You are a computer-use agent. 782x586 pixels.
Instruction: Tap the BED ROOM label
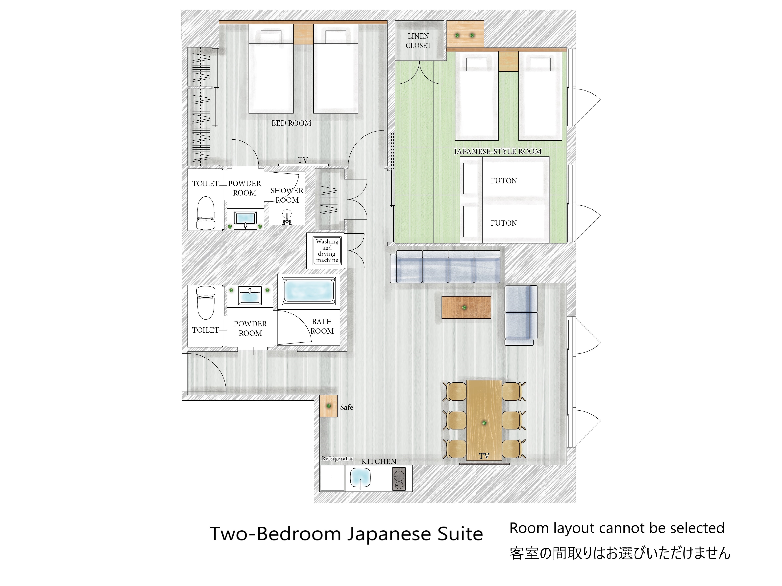coord(291,123)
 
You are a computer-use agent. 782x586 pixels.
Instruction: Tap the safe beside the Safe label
coord(328,406)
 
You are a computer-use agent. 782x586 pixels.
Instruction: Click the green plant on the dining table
coord(484,423)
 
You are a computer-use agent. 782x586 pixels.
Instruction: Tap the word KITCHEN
coord(379,461)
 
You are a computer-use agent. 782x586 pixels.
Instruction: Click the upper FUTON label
coord(504,181)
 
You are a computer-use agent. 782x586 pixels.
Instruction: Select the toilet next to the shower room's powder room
coord(206,213)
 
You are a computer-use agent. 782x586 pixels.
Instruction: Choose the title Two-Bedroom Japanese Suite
coord(346,534)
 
